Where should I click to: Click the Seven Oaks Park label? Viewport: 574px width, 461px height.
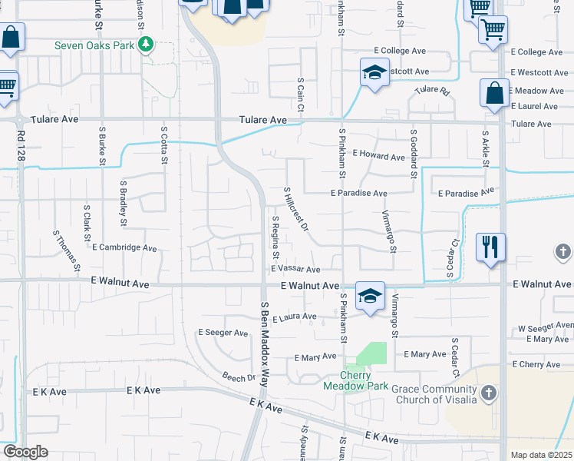point(95,45)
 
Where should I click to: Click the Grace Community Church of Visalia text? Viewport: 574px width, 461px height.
point(434,394)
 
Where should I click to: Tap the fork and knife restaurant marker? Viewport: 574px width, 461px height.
point(490,247)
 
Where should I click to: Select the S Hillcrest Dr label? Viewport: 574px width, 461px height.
point(296,210)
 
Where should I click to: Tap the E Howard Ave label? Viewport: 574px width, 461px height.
point(378,157)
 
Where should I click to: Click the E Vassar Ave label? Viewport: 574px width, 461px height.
point(295,270)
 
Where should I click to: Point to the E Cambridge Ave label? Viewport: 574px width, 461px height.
point(124,248)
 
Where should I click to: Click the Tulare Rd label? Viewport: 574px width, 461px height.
point(432,90)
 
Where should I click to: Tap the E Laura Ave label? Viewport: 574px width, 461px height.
point(294,317)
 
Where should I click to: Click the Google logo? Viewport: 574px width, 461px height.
point(26,452)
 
